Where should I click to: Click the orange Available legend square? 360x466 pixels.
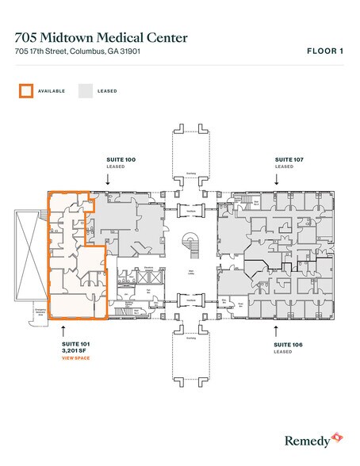tap(26, 90)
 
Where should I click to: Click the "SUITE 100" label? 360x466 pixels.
tap(121, 159)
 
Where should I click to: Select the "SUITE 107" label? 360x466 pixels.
tap(289, 159)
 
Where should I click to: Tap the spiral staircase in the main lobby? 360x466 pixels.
tap(190, 241)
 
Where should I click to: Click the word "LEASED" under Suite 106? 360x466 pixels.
tap(283, 353)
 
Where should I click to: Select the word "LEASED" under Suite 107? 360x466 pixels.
tap(283, 166)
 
